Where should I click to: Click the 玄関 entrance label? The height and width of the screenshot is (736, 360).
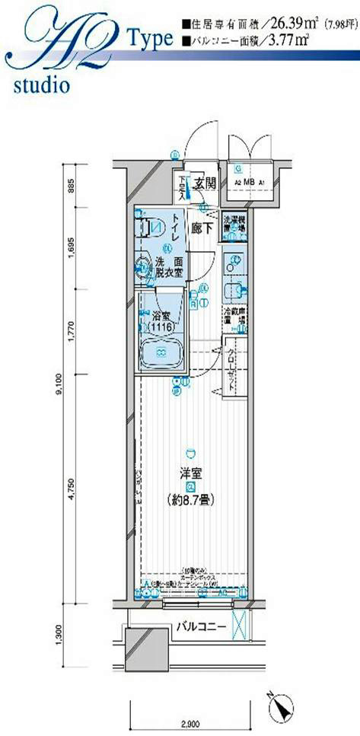pyautogui.click(x=203, y=183)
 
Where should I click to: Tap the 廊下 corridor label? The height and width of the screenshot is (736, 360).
pyautogui.click(x=202, y=227)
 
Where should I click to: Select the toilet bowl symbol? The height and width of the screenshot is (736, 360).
pyautogui.click(x=152, y=227)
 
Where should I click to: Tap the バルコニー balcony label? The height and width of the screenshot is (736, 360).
pyautogui.click(x=198, y=627)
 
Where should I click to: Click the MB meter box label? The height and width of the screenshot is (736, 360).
pyautogui.click(x=248, y=183)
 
